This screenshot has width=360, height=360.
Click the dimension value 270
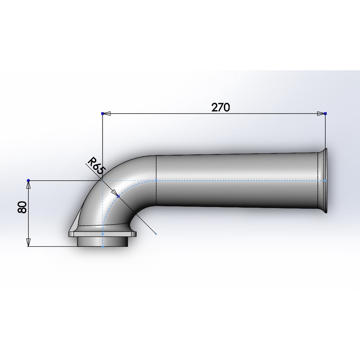pos(220,107)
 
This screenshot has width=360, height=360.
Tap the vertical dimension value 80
pos(22,207)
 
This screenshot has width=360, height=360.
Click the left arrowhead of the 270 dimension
pos(107,114)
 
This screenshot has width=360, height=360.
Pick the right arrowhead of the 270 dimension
pos(320,114)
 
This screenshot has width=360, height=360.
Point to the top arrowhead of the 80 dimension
pos(28,185)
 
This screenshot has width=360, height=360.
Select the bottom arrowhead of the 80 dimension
pos(28,242)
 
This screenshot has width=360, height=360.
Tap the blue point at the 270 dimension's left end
pos(102,114)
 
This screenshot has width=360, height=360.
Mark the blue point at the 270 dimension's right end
pos(325,114)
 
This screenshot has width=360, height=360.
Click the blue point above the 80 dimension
pos(28,180)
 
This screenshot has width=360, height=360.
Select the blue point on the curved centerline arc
pos(118,196)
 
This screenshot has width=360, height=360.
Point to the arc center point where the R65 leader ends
pos(156,234)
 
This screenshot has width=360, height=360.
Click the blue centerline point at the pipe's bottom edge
pos(102,246)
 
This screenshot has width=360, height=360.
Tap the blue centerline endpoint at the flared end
pos(325,180)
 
